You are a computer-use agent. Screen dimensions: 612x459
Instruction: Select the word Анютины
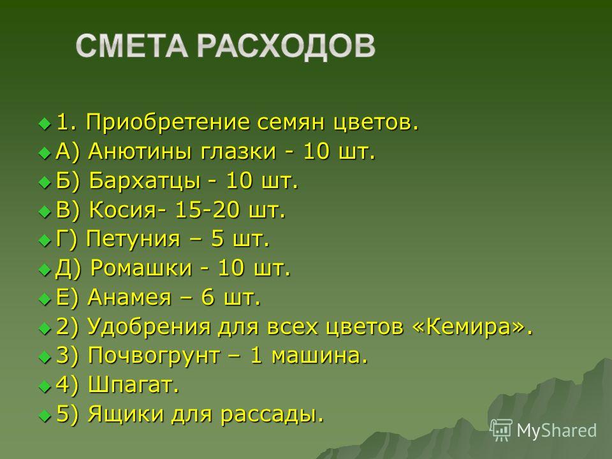click(140, 152)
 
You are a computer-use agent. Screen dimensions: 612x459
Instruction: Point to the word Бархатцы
click(145, 181)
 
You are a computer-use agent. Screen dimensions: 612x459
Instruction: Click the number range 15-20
click(207, 210)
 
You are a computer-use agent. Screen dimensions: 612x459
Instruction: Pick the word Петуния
click(133, 239)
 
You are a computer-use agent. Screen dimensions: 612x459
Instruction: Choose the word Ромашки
click(142, 268)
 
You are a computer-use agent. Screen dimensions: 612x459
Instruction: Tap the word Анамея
click(129, 298)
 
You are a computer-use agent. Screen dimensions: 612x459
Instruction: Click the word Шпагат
click(130, 385)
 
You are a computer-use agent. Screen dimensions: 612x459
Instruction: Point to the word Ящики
click(126, 414)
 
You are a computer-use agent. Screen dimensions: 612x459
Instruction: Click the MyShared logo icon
click(502, 430)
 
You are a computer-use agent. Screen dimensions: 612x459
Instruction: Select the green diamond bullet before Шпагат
click(45, 387)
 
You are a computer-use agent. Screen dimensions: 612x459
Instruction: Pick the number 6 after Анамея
click(208, 298)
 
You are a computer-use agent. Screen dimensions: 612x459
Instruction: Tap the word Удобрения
click(149, 326)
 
